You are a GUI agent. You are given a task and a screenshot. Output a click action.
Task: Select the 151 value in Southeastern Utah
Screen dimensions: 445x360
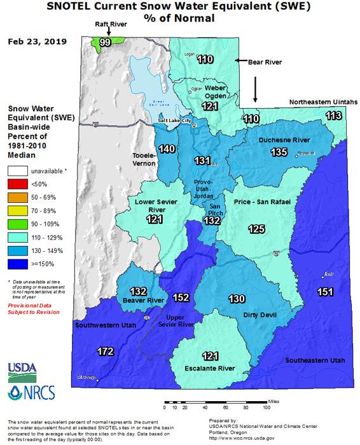[x=325, y=291]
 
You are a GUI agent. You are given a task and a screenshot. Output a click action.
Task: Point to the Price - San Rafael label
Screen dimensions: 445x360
[x=262, y=202]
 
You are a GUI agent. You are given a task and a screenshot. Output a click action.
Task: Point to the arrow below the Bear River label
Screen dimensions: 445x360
[x=255, y=89]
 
